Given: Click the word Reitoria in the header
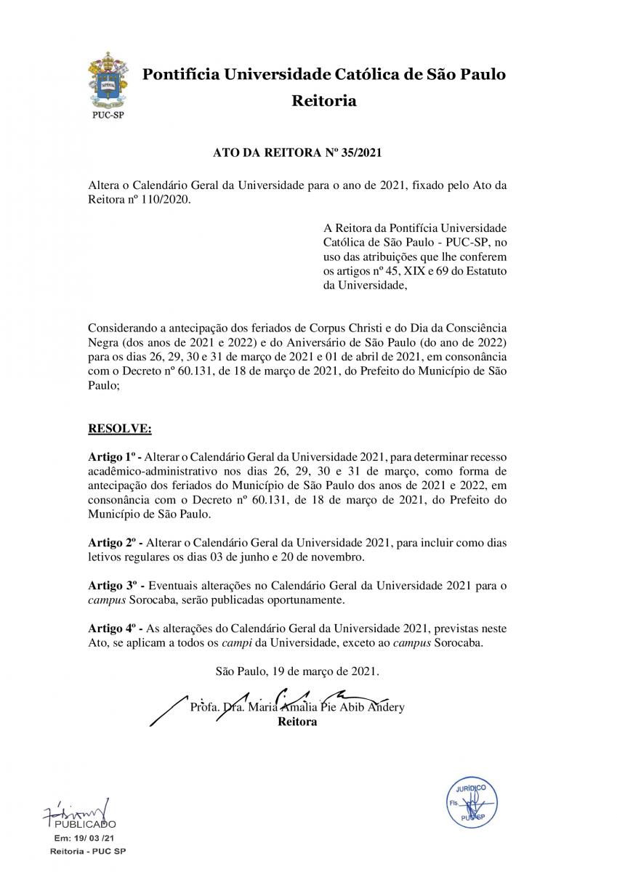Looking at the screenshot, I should [324, 101].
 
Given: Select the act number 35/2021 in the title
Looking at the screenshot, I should [362, 154].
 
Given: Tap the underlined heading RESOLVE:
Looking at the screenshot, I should [120, 429].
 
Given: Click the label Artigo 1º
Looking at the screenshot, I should [114, 456].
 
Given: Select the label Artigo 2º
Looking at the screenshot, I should [114, 544].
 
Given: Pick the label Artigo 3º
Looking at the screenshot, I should [114, 585].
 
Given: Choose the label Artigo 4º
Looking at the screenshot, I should [114, 628].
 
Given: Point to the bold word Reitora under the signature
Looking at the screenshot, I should [297, 722].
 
